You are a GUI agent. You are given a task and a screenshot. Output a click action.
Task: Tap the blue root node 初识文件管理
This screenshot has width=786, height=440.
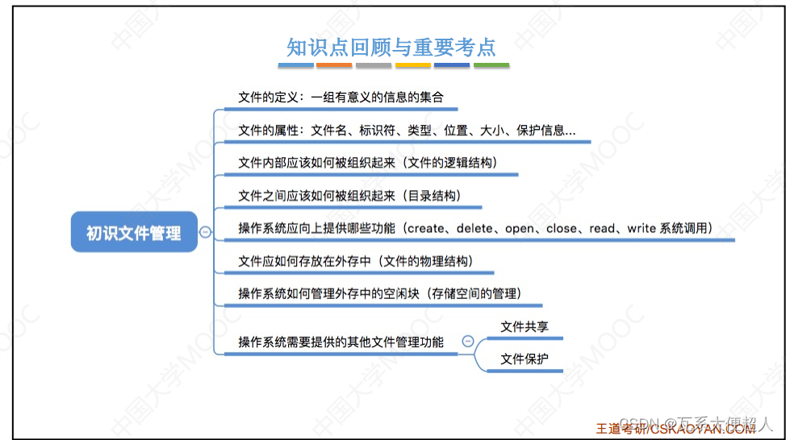(x=134, y=234)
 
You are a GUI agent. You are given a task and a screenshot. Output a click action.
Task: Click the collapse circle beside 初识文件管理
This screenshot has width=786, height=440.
(x=206, y=232)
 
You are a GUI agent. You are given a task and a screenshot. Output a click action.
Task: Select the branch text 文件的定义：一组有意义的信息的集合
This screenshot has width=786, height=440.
(x=341, y=98)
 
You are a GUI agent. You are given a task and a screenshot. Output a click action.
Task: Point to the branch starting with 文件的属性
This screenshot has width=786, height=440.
(x=407, y=131)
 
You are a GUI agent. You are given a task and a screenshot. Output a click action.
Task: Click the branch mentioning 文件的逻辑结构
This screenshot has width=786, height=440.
(x=367, y=163)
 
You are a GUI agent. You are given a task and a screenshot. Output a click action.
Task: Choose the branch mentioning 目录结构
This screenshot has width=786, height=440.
(x=349, y=196)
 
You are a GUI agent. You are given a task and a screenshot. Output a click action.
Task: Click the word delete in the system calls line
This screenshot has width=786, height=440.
(x=476, y=228)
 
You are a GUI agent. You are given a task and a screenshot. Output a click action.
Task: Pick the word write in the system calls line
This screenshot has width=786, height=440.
(x=642, y=228)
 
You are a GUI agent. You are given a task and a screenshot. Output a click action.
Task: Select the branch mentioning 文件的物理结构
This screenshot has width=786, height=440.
(x=355, y=261)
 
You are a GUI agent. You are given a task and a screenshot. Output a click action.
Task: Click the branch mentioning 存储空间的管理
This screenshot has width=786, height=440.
(x=379, y=293)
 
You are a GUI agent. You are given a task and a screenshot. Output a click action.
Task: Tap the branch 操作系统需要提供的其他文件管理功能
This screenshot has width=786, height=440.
(x=341, y=342)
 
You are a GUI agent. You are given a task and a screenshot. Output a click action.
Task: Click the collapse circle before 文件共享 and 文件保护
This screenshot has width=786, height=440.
(x=467, y=341)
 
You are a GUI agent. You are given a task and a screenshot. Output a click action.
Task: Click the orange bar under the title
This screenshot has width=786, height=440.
(x=333, y=65)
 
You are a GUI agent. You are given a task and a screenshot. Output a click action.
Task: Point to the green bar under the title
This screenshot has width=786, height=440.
(x=491, y=65)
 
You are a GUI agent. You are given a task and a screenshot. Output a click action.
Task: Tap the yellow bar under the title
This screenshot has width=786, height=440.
(x=412, y=65)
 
